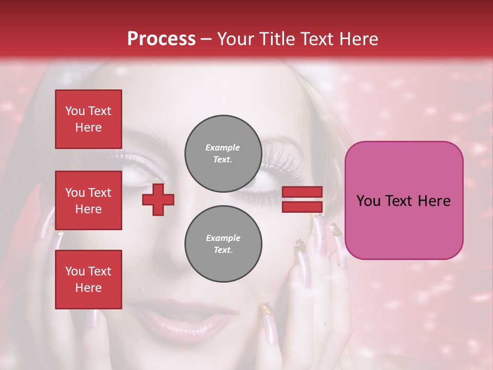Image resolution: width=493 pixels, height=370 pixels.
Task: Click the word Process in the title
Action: tap(161, 39)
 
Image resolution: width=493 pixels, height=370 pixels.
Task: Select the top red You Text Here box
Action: tap(88, 119)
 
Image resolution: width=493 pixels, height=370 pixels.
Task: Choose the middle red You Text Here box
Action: tap(88, 200)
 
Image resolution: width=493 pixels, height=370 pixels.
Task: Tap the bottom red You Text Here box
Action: tap(88, 279)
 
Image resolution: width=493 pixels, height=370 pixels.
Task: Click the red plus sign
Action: tap(158, 199)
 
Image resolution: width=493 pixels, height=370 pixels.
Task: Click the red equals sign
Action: tap(302, 199)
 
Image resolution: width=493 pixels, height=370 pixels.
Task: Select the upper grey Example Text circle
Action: tap(223, 153)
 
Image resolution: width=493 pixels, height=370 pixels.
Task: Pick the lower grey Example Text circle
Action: tap(223, 244)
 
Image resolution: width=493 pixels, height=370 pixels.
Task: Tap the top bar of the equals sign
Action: tap(302, 192)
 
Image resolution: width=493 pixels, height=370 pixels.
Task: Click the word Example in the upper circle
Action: tap(223, 147)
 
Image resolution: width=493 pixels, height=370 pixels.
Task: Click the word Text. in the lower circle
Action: tap(223, 250)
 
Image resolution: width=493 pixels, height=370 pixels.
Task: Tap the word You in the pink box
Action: tap(368, 201)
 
